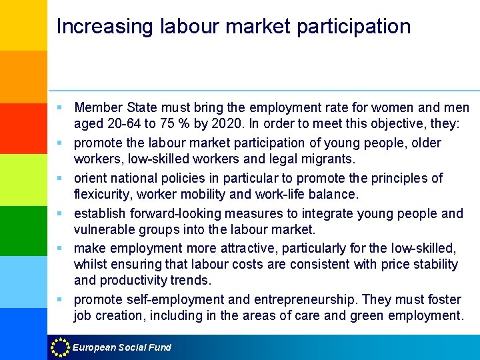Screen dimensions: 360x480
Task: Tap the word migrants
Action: [329, 160]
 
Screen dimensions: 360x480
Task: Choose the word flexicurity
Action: [105, 195]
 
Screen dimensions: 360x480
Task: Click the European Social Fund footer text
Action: [122, 347]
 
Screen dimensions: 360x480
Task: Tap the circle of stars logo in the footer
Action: [60, 347]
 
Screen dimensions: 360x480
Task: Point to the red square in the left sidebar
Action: [23, 128]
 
